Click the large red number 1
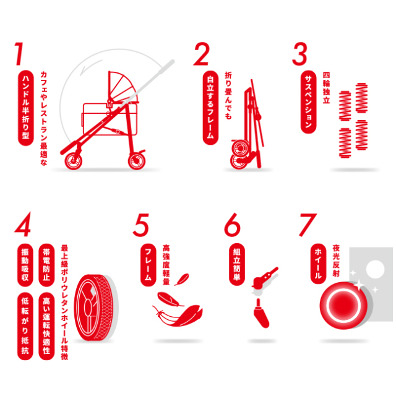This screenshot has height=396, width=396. pyautogui.click(x=19, y=54)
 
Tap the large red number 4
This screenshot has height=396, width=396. pyautogui.click(x=23, y=224)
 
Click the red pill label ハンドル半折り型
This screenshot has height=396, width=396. pyautogui.click(x=26, y=108)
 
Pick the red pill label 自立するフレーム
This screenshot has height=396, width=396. pyautogui.click(x=210, y=108)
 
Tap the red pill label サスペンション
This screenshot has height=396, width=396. pyautogui.click(x=308, y=102)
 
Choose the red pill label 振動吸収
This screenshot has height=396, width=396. pyautogui.click(x=25, y=265)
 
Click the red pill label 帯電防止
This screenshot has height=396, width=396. pyautogui.click(x=46, y=265)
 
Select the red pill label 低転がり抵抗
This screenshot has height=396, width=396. pyautogui.click(x=25, y=326)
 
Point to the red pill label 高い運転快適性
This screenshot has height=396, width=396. pyautogui.click(x=46, y=326)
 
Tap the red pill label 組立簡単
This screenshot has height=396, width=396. pyautogui.click(x=236, y=264)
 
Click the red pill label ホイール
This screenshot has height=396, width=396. pyautogui.click(x=318, y=264)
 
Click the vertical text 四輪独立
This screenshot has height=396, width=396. pyautogui.click(x=326, y=88)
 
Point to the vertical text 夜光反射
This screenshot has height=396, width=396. pyautogui.click(x=336, y=260)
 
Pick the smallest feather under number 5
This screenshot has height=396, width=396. pyautogui.click(x=181, y=279)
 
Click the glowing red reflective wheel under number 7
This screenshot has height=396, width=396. pyautogui.click(x=344, y=305)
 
